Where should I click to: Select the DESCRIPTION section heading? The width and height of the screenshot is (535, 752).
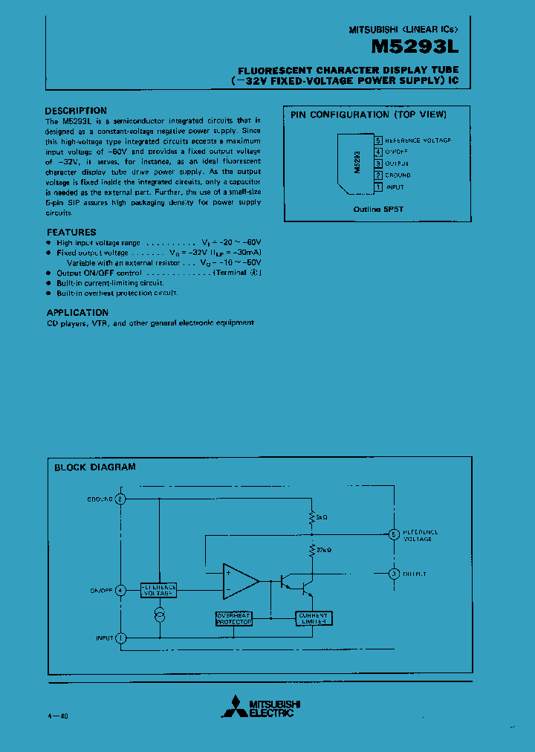pos(76,111)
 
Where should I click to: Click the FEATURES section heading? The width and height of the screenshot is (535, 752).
pos(71,233)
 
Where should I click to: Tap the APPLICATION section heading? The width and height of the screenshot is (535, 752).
pos(77,313)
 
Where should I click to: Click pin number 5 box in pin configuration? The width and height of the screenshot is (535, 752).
pos(378,140)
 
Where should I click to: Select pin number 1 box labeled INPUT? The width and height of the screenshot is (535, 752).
pos(378,187)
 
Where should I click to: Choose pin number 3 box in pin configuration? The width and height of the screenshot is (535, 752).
pos(378,163)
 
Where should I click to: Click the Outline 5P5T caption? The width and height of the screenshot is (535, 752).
pos(377,210)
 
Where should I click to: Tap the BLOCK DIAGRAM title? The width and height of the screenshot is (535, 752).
pos(95,467)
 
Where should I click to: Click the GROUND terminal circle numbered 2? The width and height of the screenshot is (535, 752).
pos(121,499)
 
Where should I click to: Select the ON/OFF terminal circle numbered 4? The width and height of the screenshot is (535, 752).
pos(121,590)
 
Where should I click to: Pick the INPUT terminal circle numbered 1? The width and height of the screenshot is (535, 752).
pos(121,638)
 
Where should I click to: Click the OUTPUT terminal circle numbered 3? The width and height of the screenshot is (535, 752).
pos(394,573)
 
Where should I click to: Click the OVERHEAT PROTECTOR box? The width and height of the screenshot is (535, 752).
pos(234,618)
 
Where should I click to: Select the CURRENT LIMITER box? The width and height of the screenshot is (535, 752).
pos(314,618)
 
